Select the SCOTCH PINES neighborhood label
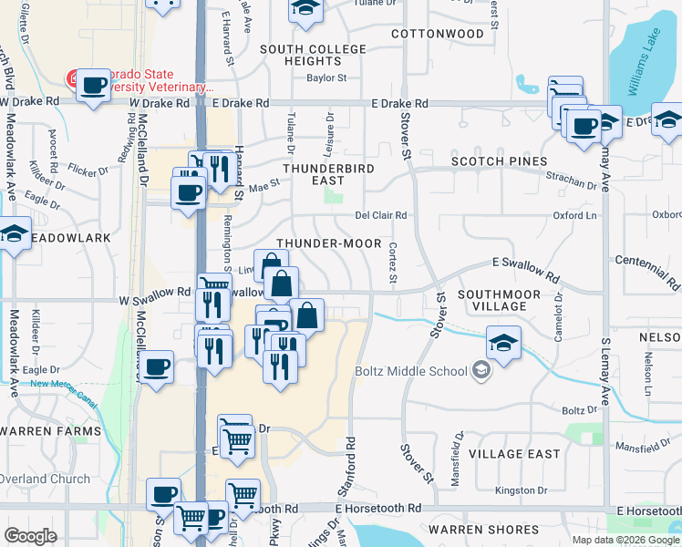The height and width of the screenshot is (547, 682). click(498, 161)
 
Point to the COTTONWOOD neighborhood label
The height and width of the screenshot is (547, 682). click(437, 34)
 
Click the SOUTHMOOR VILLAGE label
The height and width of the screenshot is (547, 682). click(499, 301)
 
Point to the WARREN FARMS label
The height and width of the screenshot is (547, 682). click(49, 430)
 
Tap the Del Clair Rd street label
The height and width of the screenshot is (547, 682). click(380, 216)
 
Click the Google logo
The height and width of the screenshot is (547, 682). click(30, 536)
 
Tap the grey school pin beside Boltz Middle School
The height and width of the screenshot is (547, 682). click(481, 371)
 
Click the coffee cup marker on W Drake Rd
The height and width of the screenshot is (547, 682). click(92, 87)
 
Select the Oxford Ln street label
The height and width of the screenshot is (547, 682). click(574, 216)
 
